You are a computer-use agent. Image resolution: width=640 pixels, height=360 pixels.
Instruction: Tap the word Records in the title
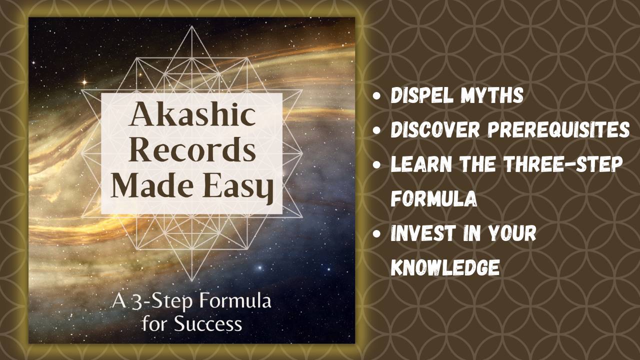click(x=192, y=151)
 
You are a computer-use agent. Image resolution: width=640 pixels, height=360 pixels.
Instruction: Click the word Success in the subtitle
click(x=208, y=323)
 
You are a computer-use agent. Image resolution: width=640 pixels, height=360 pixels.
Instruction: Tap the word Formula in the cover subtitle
click(x=235, y=302)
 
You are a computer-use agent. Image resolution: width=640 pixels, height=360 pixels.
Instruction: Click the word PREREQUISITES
click(x=558, y=130)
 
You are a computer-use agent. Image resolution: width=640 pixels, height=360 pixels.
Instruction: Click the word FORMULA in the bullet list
click(x=433, y=199)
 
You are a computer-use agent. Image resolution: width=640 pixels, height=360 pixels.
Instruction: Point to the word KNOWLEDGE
click(x=445, y=268)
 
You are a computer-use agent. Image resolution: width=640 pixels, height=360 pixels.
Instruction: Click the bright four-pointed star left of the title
click(x=83, y=81)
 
